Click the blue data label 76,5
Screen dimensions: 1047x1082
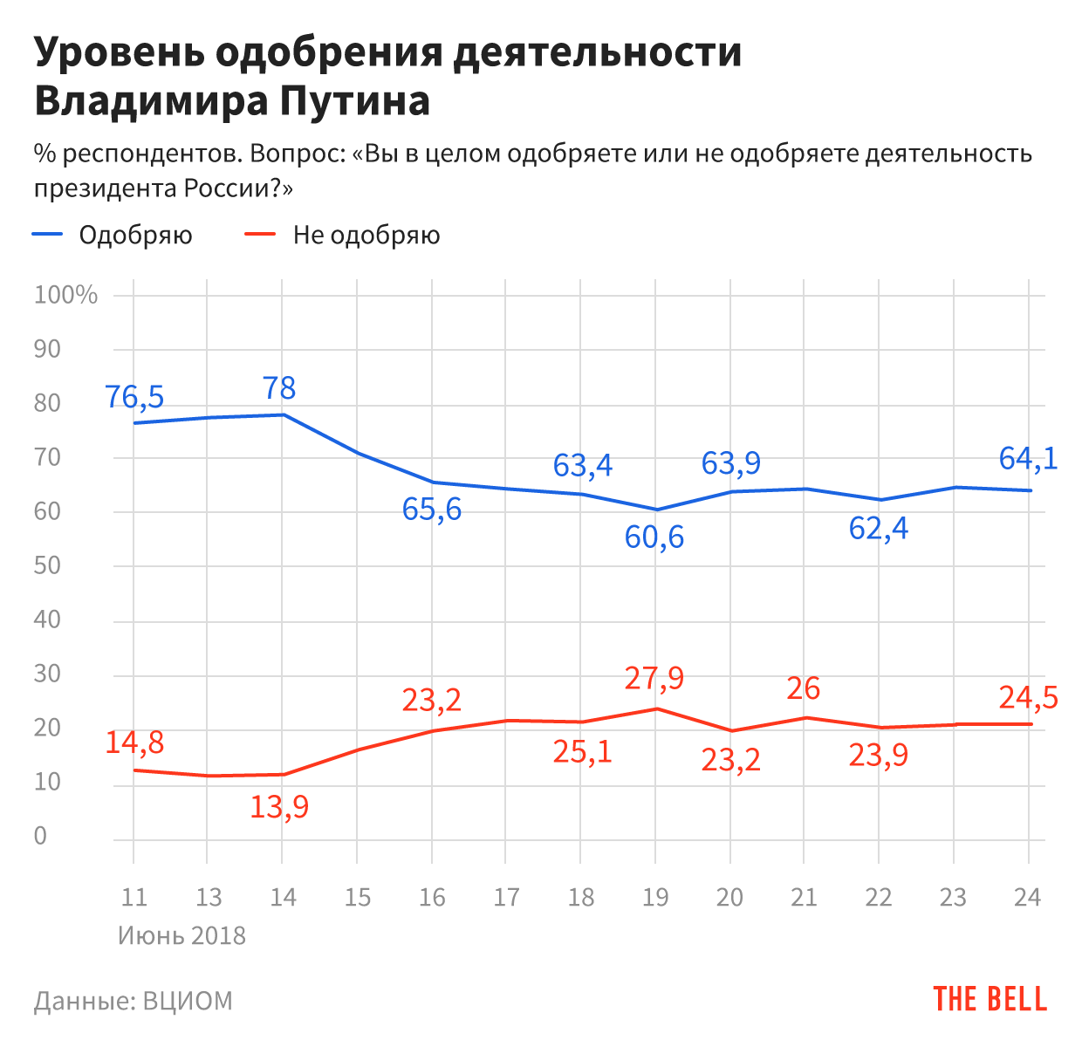pyautogui.click(x=134, y=397)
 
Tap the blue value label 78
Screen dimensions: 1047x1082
pyautogui.click(x=280, y=388)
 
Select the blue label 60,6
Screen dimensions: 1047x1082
pyautogui.click(x=654, y=537)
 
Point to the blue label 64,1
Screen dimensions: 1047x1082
pyautogui.click(x=1028, y=458)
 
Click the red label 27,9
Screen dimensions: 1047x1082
pyautogui.click(x=654, y=678)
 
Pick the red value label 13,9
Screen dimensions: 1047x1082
pyautogui.click(x=279, y=807)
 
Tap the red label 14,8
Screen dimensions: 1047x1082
pyautogui.click(x=134, y=742)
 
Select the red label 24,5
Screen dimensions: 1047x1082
pyautogui.click(x=1028, y=698)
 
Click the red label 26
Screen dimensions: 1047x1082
pyautogui.click(x=803, y=689)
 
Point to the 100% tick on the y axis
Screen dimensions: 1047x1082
pyautogui.click(x=65, y=295)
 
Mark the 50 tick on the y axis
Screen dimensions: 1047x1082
pyautogui.click(x=47, y=565)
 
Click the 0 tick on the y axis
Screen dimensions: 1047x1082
pyautogui.click(x=40, y=836)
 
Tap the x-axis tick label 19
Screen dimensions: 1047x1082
pyautogui.click(x=654, y=897)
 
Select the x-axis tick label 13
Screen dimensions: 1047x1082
pyautogui.click(x=209, y=897)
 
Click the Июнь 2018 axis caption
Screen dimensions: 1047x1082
pyautogui.click(x=181, y=936)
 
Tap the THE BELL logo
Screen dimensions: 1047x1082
pyautogui.click(x=990, y=1000)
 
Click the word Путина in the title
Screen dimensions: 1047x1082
pyautogui.click(x=355, y=101)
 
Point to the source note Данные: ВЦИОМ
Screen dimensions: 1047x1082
pyautogui.click(x=134, y=1001)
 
